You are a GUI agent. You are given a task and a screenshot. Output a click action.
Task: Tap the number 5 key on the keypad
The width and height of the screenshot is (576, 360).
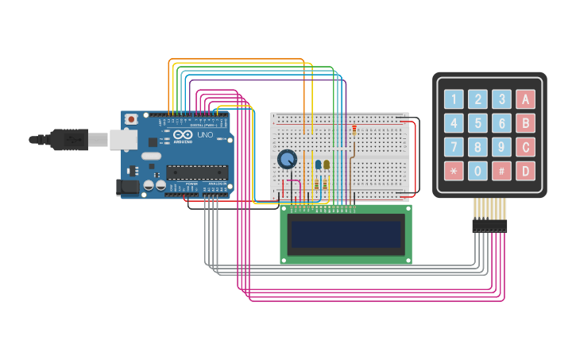point(477,123)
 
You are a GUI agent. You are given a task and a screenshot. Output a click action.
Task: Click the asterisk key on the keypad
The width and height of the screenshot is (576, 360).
point(454,171)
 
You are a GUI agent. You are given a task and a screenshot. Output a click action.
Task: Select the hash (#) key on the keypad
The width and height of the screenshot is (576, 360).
point(501,171)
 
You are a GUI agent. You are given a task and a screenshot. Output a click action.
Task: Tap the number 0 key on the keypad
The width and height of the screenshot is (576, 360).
point(477,171)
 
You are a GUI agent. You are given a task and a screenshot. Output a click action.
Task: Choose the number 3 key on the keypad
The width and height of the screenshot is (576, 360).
point(501,99)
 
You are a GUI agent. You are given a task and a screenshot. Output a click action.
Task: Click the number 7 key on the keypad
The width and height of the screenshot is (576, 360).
point(454,147)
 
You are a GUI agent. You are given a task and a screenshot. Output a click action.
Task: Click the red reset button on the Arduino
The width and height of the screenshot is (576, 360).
point(131,119)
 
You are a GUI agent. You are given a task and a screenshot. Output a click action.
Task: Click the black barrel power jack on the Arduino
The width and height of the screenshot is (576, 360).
point(127,188)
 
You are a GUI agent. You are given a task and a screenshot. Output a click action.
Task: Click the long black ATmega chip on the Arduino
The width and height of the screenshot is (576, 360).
point(197,172)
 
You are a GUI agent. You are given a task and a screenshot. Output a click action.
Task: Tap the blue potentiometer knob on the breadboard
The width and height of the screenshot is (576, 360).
point(287,160)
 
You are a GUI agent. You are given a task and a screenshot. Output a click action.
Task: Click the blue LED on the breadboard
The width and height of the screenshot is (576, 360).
point(318,165)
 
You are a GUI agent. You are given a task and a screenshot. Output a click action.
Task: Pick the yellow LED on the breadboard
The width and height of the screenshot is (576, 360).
point(327,165)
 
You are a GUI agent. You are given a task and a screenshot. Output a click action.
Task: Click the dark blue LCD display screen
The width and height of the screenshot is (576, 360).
point(346,234)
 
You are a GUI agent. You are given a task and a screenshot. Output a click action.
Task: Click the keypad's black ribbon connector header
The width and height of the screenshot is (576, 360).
point(489,226)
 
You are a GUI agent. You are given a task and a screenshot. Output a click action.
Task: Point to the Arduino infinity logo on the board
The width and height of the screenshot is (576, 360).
point(184,135)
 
